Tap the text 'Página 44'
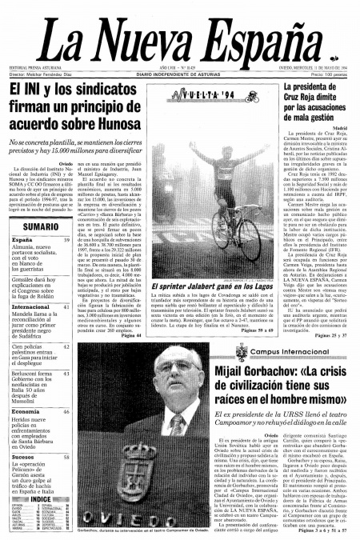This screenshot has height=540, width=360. (x=131, y=336)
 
